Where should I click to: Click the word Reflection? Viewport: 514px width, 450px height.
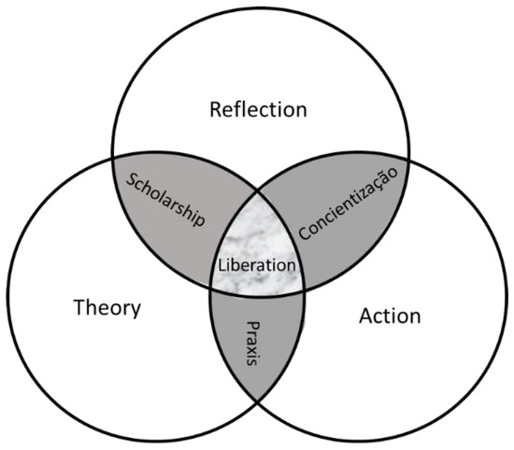coord(259,109)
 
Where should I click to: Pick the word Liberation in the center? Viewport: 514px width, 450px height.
coord(257,264)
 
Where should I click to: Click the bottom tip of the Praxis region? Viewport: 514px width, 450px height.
coord(258,402)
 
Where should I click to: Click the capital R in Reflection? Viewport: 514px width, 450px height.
coord(217,109)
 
